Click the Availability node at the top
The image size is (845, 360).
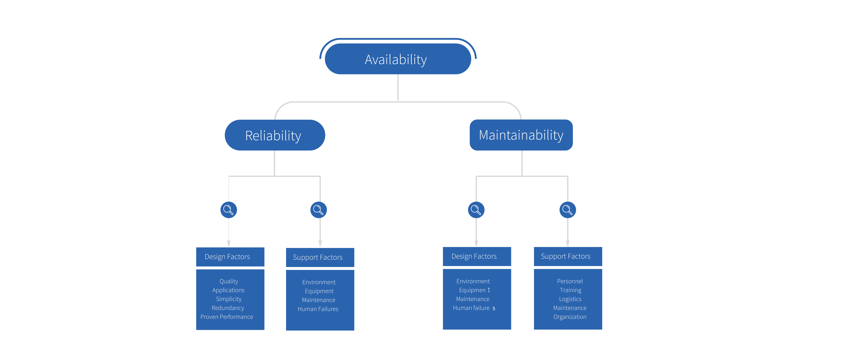[x=398, y=59]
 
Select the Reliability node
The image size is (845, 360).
[x=275, y=135]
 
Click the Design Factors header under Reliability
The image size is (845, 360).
[x=230, y=257]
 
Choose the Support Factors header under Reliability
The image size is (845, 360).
[x=320, y=257]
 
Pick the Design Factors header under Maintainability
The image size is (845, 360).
[x=477, y=256]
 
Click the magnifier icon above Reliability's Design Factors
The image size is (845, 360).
[x=229, y=210]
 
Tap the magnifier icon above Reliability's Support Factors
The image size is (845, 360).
[x=319, y=210]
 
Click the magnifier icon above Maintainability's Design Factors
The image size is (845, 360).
[x=476, y=210]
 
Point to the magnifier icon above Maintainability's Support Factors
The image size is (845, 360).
[x=567, y=210]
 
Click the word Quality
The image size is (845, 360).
[x=229, y=281]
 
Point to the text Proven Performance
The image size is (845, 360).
[x=227, y=317]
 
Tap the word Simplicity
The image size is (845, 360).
[x=229, y=299]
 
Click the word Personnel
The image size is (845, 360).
[x=570, y=281]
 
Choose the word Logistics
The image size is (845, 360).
[x=570, y=299]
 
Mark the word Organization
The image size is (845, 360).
[x=570, y=317]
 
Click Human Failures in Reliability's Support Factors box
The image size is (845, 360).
[x=318, y=309]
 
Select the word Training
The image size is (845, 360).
[x=570, y=290]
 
